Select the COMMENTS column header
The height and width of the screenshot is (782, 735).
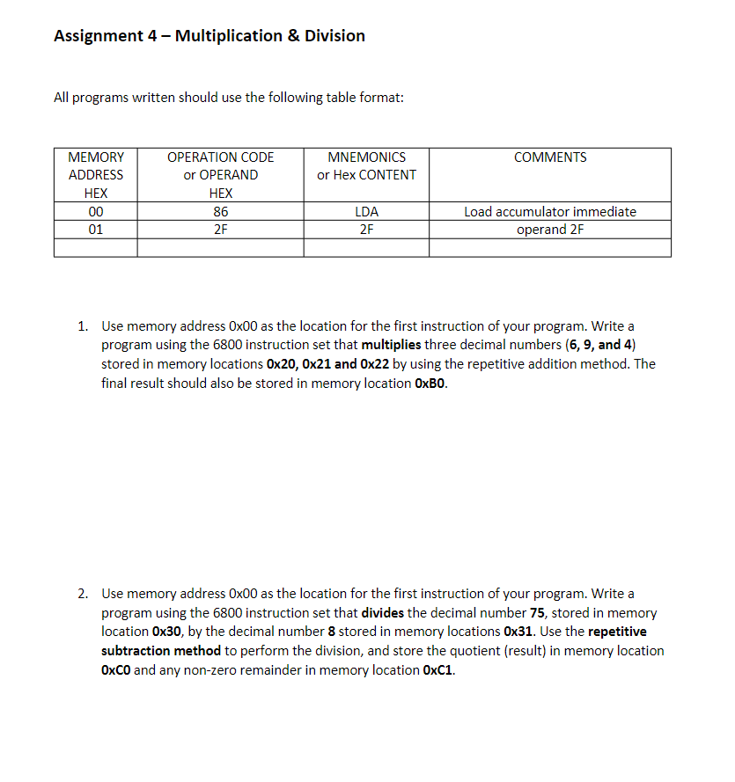click(549, 157)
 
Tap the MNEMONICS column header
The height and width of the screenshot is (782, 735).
click(366, 157)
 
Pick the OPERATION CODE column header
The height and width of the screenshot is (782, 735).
click(220, 157)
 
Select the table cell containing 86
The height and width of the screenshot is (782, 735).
click(220, 211)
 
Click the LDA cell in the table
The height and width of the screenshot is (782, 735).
click(366, 211)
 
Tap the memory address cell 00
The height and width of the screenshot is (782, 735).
click(96, 211)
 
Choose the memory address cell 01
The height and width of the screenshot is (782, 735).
click(96, 230)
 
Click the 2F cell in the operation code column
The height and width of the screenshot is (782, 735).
click(220, 230)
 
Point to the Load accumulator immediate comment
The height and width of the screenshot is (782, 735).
click(549, 211)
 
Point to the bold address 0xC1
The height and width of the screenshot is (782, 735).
click(438, 670)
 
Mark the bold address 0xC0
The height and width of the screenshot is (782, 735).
click(116, 670)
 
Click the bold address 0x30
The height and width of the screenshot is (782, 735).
click(167, 632)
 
